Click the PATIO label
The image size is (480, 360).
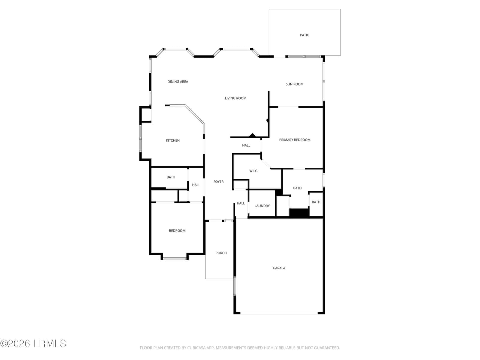click(x=304, y=35)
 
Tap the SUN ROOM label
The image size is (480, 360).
click(x=294, y=84)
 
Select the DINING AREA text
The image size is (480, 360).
click(x=178, y=82)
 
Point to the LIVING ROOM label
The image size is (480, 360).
click(x=235, y=98)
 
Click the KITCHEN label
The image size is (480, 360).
click(x=173, y=140)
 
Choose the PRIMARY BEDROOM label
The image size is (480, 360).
click(x=295, y=140)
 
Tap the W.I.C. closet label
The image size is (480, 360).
click(x=254, y=171)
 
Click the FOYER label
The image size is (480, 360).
click(x=218, y=181)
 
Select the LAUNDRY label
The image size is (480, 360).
click(x=262, y=206)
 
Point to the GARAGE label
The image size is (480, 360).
click(x=279, y=268)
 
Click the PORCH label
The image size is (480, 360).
click(x=221, y=253)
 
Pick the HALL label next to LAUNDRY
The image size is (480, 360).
click(x=241, y=203)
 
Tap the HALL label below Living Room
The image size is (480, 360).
click(x=246, y=145)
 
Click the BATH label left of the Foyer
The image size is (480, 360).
click(x=171, y=177)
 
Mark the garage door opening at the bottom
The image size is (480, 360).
click(x=279, y=313)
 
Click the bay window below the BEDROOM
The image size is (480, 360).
click(x=175, y=259)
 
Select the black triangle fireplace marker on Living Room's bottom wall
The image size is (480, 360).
click(x=252, y=135)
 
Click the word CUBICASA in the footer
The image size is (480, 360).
click(x=196, y=347)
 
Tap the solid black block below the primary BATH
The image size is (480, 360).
click(x=299, y=213)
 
